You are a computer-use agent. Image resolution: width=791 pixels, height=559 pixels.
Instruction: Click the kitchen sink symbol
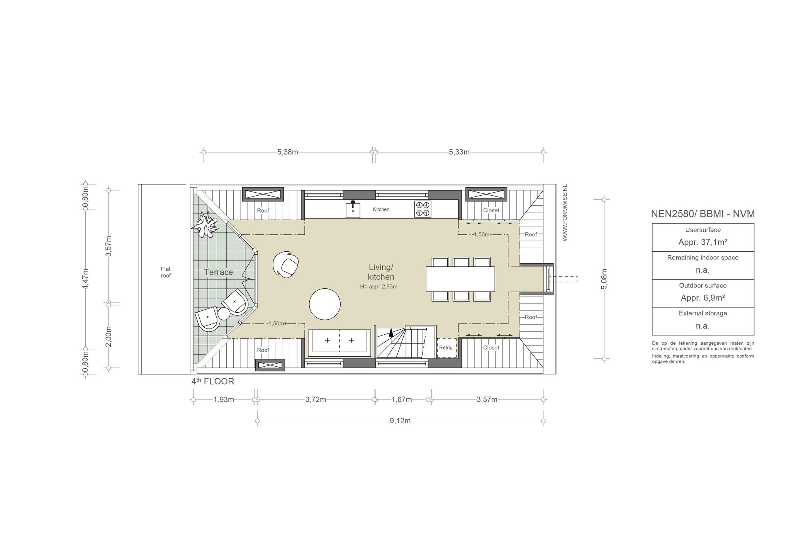(x=353, y=210)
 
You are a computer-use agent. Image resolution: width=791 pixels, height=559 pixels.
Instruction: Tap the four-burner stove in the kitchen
(x=423, y=209)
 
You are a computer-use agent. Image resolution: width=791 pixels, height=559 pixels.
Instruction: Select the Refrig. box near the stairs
(x=446, y=347)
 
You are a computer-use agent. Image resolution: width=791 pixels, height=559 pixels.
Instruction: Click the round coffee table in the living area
(x=325, y=304)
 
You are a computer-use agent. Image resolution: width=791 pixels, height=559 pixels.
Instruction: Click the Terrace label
(x=219, y=272)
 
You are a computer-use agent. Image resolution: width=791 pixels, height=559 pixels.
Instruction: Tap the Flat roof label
(x=166, y=272)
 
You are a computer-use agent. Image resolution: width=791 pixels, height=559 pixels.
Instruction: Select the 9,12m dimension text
(x=400, y=421)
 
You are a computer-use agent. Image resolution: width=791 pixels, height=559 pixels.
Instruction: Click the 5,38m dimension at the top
(x=288, y=152)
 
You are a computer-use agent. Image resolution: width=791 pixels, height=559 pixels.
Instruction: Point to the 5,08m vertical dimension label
(x=605, y=279)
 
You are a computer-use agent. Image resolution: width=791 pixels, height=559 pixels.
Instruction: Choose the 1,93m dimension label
(x=224, y=400)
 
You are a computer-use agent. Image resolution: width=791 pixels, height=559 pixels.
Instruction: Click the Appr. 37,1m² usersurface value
(x=703, y=242)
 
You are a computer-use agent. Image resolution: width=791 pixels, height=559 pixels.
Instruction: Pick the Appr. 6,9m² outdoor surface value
(x=703, y=298)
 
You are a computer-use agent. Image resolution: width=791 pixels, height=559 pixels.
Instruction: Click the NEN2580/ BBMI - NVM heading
(x=703, y=214)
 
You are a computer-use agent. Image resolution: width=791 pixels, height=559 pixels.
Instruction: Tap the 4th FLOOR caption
(x=213, y=381)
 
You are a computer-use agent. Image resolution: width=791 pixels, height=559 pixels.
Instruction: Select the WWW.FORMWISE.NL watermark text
(x=565, y=213)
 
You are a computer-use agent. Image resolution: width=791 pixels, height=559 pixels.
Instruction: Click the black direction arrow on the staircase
(x=391, y=332)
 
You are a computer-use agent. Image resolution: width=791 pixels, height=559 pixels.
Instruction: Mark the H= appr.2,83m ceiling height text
(x=379, y=287)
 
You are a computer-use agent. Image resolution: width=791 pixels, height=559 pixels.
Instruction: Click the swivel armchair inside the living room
(x=285, y=264)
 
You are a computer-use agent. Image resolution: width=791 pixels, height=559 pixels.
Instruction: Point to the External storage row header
(x=703, y=313)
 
